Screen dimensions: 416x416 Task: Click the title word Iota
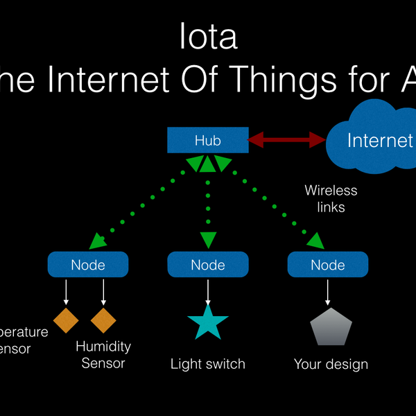(x=207, y=37)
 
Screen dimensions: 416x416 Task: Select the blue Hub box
(x=207, y=141)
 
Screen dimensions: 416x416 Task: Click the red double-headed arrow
(x=287, y=141)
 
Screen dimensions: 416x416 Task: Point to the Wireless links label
(x=331, y=198)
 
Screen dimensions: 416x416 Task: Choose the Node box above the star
(x=207, y=265)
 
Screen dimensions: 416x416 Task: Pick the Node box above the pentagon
(x=327, y=265)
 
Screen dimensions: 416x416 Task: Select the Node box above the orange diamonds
(x=88, y=265)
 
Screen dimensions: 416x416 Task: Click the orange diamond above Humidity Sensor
(x=103, y=320)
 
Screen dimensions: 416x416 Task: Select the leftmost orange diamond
(x=66, y=320)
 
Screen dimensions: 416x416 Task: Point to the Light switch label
(x=208, y=364)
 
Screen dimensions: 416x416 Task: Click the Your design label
(x=331, y=364)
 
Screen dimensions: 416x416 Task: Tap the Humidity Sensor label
(x=103, y=354)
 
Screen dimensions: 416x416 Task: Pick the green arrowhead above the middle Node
(x=208, y=240)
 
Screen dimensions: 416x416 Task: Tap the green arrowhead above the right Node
(x=315, y=241)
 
